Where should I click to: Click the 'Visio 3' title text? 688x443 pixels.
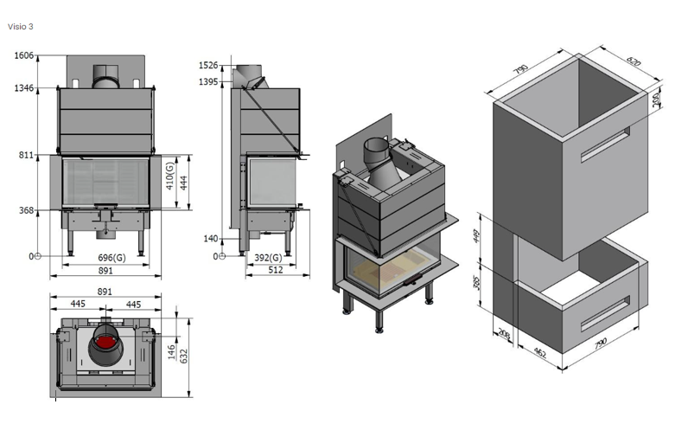pos(21,27)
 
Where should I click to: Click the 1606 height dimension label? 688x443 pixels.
pos(23,56)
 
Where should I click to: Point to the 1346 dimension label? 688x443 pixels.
pos(23,88)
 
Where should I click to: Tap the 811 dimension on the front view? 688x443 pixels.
pos(26,156)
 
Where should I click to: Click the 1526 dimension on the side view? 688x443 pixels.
pos(209,66)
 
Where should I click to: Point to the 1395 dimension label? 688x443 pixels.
pos(209,81)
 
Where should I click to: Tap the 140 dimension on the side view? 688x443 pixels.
pos(211,239)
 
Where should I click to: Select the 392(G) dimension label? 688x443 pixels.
pos(267,258)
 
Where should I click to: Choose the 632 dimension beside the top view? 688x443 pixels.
pos(184,355)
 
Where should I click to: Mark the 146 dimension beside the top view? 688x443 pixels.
pos(171,351)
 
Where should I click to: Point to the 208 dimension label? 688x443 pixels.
pos(504,334)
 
